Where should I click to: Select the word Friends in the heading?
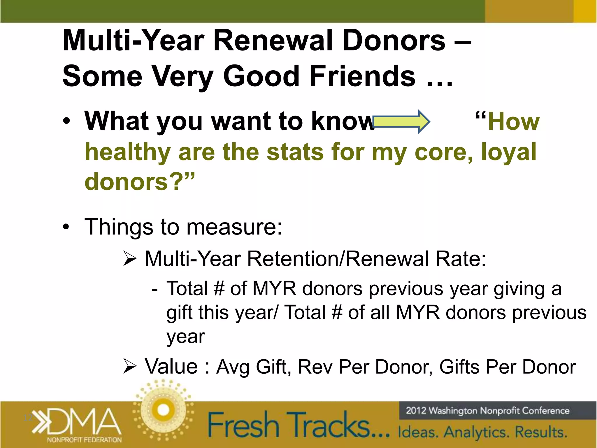[362, 76]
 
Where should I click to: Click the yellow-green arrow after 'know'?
[401, 121]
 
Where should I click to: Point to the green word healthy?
[127, 152]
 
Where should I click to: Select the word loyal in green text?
[508, 152]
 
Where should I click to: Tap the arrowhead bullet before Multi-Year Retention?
[130, 259]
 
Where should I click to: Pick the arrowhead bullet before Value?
[130, 366]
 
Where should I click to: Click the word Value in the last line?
[171, 366]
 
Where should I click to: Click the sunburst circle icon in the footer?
[163, 409]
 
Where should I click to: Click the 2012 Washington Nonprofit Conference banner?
[487, 411]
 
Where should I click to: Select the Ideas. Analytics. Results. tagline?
[482, 432]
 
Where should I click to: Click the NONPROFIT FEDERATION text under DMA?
[84, 440]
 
